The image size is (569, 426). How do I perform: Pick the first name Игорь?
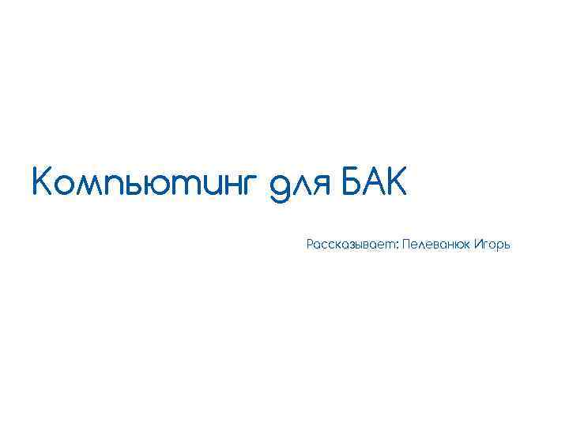[x=494, y=245]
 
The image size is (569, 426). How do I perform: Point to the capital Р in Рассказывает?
[x=310, y=245]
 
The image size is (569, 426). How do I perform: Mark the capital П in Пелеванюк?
[x=405, y=245]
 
